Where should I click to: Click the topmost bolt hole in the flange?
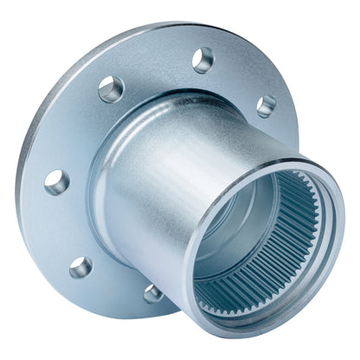(203, 60)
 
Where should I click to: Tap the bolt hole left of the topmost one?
(112, 88)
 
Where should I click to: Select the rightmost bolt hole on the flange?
(267, 106)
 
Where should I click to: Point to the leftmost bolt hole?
(57, 182)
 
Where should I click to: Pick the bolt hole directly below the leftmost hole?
(81, 267)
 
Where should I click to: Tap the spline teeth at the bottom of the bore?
(242, 299)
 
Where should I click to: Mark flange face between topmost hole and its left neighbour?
(156, 65)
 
